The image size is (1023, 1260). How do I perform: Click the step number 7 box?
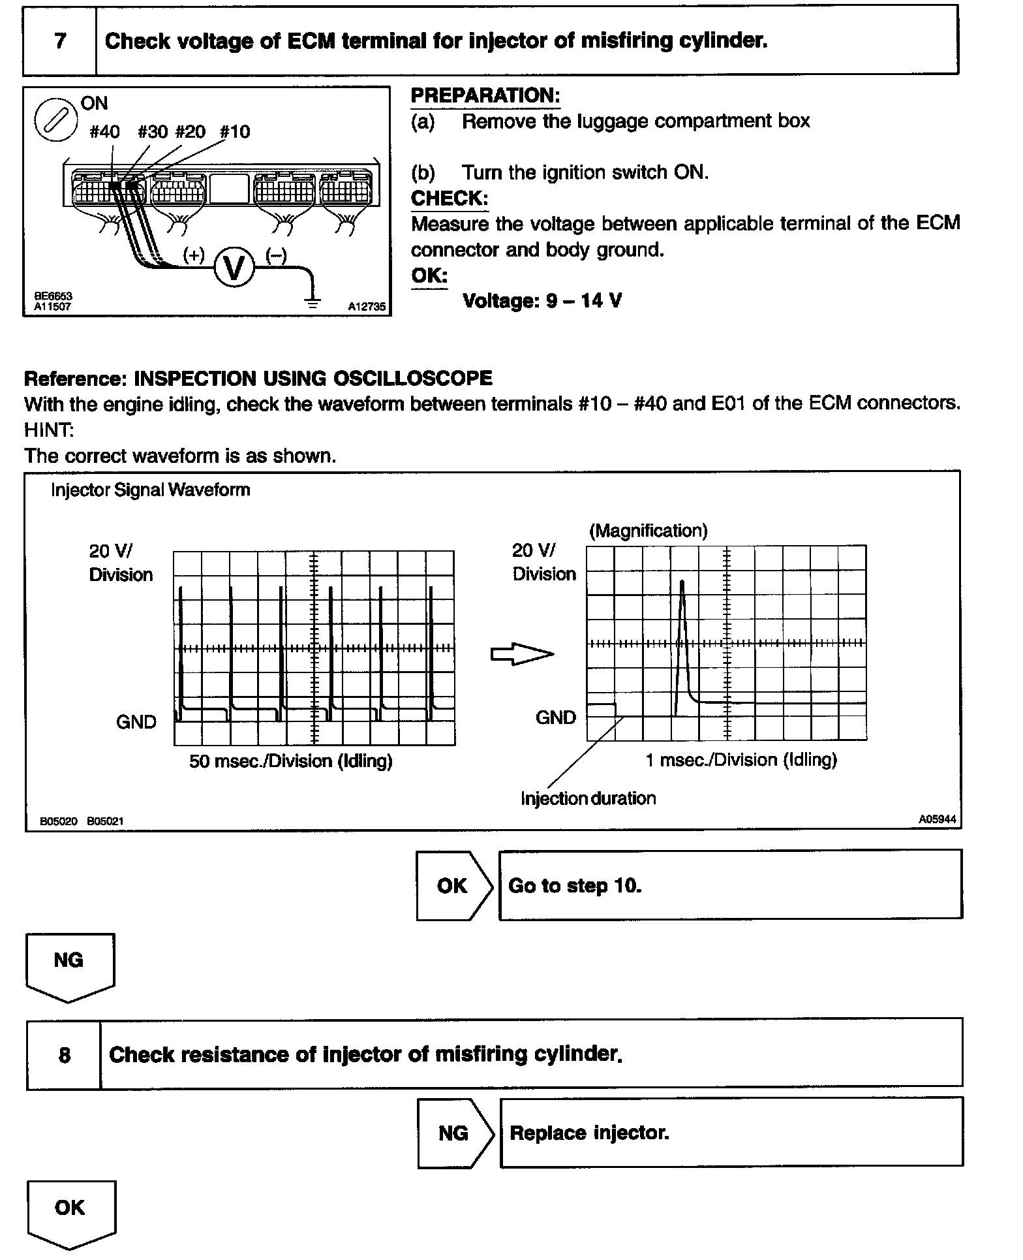point(60,41)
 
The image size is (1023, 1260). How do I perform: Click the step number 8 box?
point(64,1054)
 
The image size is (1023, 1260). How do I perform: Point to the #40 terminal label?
point(104,132)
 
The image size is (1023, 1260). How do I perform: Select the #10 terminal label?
point(234,132)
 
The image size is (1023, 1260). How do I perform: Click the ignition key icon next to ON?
point(56,119)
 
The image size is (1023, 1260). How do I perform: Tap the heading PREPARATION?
point(485,96)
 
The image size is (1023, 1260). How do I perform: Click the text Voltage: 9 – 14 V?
point(542,301)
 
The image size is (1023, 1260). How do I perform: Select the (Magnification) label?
point(648,531)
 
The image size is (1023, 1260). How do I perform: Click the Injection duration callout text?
point(588,798)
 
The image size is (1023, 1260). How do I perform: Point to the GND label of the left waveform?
point(136,722)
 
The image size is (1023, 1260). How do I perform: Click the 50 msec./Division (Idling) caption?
point(290,761)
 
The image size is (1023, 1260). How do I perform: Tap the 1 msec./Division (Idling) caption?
point(741,760)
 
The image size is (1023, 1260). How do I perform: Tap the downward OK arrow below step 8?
point(71,1214)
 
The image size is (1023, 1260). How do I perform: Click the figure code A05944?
point(938,819)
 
